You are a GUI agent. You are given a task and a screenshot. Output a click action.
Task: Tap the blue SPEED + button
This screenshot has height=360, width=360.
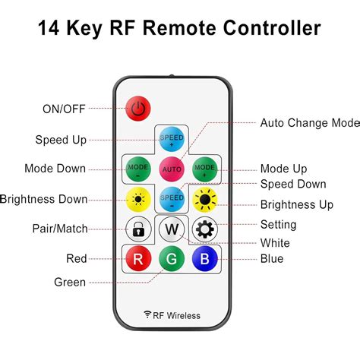172,139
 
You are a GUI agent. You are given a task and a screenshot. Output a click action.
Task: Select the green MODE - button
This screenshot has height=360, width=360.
138,168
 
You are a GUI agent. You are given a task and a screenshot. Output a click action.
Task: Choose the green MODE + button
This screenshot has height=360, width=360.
205,168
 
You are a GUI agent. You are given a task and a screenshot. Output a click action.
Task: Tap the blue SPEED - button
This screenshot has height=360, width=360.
172,198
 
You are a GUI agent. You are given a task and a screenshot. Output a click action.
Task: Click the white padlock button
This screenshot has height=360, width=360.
138,228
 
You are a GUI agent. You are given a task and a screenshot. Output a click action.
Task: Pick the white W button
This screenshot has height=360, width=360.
172,229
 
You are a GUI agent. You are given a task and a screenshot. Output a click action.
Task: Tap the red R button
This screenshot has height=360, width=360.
138,258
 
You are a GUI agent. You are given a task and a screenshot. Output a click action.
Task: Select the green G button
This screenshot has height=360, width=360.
172,259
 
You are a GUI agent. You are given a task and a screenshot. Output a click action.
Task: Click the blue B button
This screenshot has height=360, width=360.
205,258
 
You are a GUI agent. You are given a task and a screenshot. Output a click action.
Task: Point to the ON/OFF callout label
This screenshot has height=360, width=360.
65,109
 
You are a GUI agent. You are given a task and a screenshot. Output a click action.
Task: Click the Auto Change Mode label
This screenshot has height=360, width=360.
309,122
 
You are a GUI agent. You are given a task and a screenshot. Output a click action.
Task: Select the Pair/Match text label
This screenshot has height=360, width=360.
60,229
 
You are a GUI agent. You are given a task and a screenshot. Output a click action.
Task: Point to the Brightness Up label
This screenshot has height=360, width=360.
296,204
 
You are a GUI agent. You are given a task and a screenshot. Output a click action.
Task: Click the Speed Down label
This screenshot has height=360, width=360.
293,184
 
